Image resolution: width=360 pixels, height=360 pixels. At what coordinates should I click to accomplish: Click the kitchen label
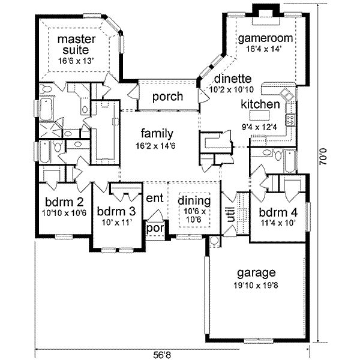click(260, 104)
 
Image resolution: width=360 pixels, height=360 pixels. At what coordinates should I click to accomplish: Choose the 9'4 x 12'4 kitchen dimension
click(260, 126)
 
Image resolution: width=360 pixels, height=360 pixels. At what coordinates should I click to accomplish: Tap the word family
click(157, 133)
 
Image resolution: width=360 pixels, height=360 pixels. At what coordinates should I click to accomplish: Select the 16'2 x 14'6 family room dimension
click(157, 145)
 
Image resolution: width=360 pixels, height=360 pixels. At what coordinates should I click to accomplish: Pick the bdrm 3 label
click(117, 211)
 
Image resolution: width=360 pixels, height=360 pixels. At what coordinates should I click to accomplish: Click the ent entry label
click(154, 199)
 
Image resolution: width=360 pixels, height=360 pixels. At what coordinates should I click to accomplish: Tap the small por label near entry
click(155, 228)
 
